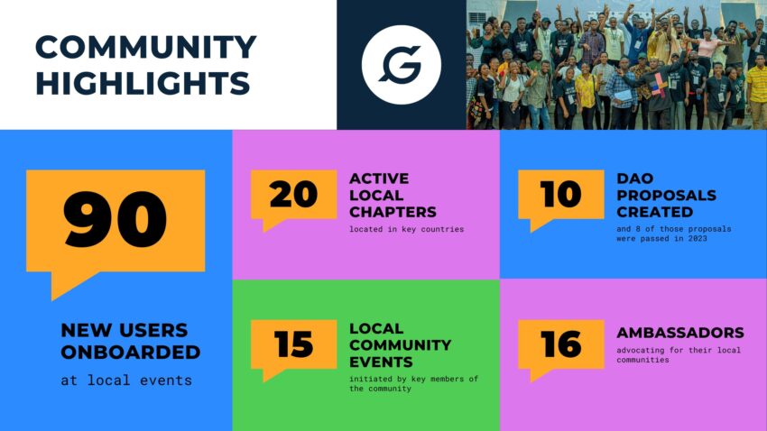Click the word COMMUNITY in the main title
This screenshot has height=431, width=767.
146,47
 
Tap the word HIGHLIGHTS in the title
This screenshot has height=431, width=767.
143,83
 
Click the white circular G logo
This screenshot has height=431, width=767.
402,65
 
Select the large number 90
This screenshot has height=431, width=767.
115,219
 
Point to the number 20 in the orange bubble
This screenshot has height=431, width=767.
293,194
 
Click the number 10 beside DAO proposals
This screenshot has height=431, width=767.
560,194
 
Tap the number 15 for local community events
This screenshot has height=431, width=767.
293,344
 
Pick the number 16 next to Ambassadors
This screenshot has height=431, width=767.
560,344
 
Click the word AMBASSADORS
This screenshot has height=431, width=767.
680,333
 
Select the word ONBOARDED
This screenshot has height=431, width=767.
131,353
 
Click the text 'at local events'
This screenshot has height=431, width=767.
126,381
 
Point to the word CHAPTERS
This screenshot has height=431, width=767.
393,212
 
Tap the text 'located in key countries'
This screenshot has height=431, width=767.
406,229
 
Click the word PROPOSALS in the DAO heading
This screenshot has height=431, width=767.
666,196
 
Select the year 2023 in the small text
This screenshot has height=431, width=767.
698,238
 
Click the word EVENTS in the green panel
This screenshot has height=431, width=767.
381,362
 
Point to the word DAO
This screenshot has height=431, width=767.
635,179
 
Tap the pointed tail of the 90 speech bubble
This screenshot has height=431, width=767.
53,299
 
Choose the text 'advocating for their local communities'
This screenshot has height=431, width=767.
679,355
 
